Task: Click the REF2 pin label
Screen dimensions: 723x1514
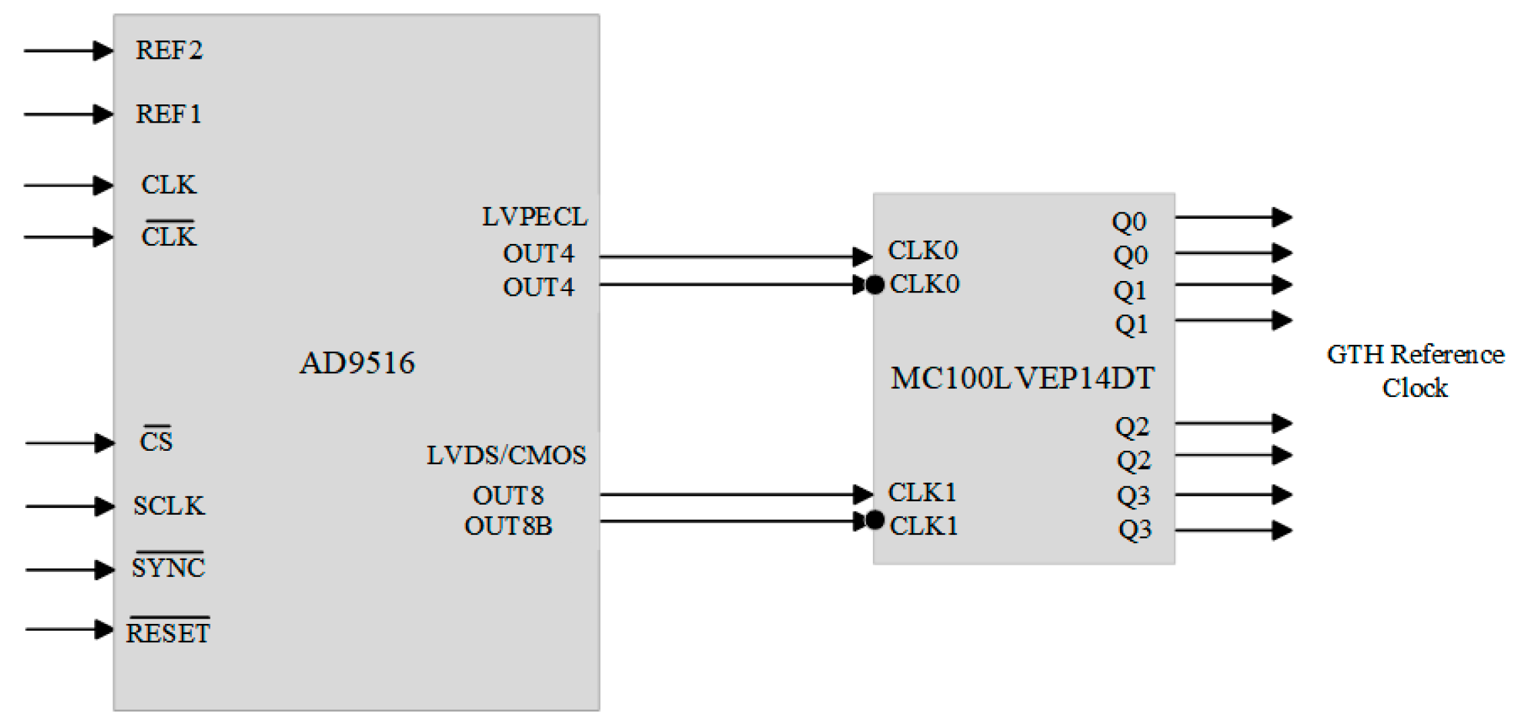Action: pyautogui.click(x=168, y=51)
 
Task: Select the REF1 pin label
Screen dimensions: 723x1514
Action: pyautogui.click(x=168, y=114)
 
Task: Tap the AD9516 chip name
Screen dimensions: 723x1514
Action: pyautogui.click(x=357, y=363)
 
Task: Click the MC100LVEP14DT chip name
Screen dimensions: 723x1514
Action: pyautogui.click(x=1022, y=378)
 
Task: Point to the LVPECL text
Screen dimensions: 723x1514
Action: pyautogui.click(x=534, y=217)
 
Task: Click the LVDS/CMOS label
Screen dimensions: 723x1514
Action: pyautogui.click(x=506, y=455)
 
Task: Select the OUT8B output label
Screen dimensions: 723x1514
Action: pyautogui.click(x=508, y=526)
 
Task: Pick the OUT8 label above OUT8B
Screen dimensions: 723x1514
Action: pyautogui.click(x=508, y=496)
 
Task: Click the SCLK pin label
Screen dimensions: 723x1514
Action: pyautogui.click(x=168, y=506)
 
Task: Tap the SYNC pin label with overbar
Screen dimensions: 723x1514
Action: pyautogui.click(x=168, y=567)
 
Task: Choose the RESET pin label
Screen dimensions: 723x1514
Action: pyautogui.click(x=168, y=633)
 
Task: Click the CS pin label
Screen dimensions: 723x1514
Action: pyautogui.click(x=156, y=441)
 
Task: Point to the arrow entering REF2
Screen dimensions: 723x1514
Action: pyautogui.click(x=67, y=51)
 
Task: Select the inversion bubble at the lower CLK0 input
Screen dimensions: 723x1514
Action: pyautogui.click(x=875, y=285)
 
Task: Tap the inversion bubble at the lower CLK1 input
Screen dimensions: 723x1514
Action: pyautogui.click(x=875, y=520)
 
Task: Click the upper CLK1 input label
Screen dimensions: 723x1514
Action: pyautogui.click(x=922, y=493)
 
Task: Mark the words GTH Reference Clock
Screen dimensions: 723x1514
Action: pyautogui.click(x=1415, y=371)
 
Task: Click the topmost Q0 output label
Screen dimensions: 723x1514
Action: pyautogui.click(x=1129, y=222)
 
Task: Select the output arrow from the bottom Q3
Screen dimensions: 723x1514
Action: pyautogui.click(x=1232, y=530)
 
